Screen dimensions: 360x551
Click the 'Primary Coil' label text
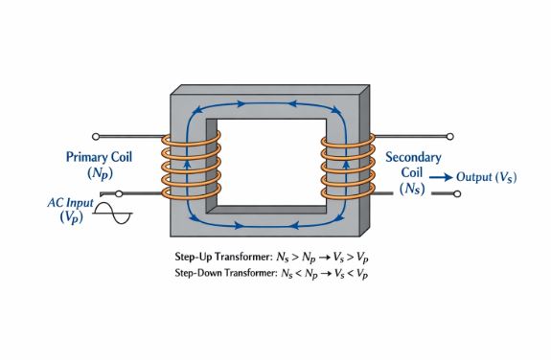[100, 156]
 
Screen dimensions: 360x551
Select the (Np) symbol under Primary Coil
[100, 174]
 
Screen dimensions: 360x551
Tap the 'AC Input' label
[70, 203]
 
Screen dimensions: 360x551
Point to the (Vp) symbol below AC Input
[70, 219]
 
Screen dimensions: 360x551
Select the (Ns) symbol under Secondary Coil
[413, 191]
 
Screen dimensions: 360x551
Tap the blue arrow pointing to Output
[440, 177]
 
